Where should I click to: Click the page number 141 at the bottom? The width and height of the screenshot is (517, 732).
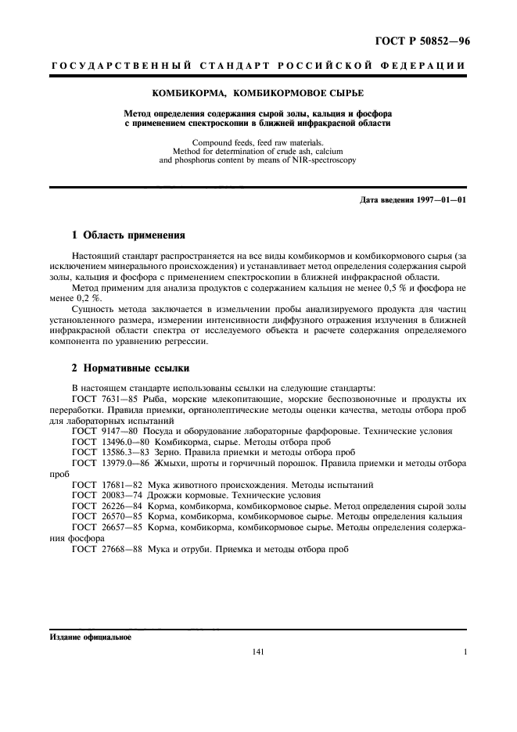tap(259, 651)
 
